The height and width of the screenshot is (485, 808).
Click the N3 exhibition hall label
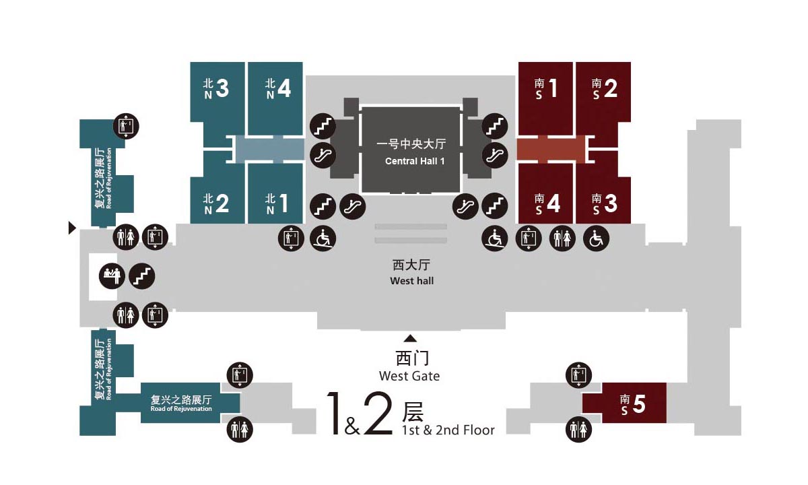click(216, 89)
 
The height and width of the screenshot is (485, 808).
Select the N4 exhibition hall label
click(277, 89)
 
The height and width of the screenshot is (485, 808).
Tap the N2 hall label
click(216, 203)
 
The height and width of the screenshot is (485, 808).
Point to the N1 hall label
click(277, 203)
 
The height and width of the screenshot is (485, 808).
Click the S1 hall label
click(547, 88)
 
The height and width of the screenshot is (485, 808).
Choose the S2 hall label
click(604, 88)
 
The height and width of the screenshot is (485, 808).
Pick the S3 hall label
click(604, 203)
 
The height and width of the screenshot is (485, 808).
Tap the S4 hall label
click(547, 203)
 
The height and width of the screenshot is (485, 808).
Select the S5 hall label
click(633, 404)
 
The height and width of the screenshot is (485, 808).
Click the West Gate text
click(409, 376)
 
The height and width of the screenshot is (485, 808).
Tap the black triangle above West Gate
click(410, 338)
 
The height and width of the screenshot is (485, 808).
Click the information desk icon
click(112, 276)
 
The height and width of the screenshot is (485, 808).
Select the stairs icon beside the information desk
click(142, 276)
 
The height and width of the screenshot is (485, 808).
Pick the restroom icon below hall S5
click(578, 428)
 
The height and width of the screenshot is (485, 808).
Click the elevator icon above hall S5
click(578, 375)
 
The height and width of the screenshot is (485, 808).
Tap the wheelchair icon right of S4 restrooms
click(595, 238)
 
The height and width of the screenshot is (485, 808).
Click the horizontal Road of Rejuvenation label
click(181, 403)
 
